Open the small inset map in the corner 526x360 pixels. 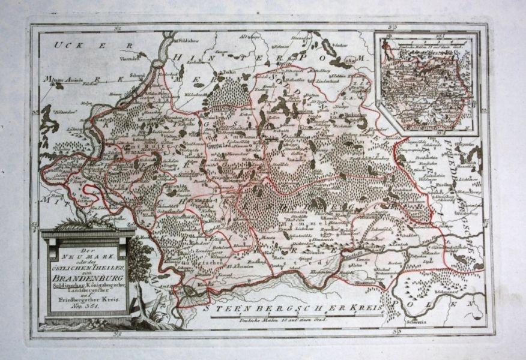click(x=425, y=83)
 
